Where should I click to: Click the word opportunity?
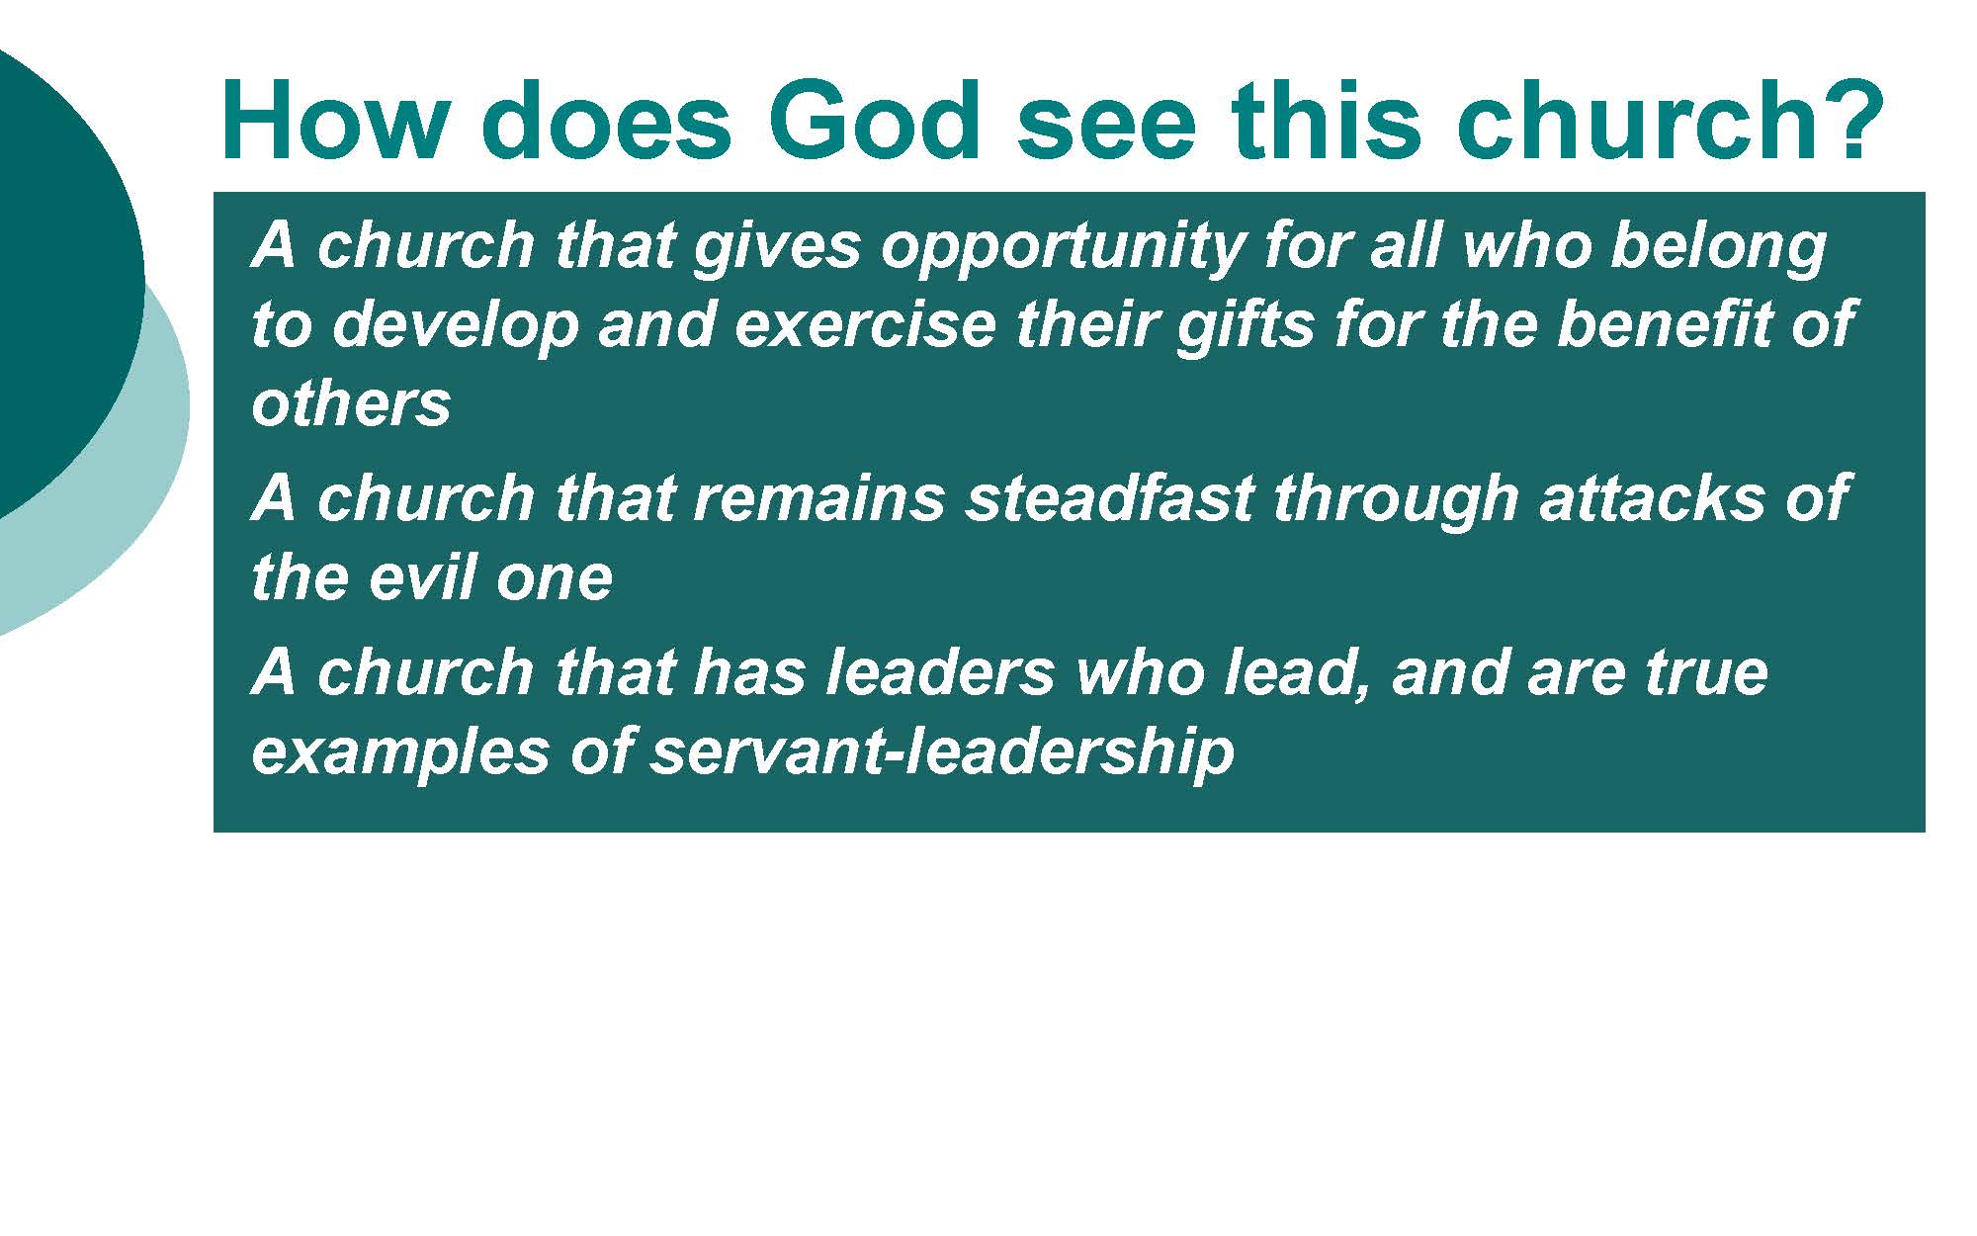[x=1062, y=247]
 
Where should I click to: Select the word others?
[x=351, y=403]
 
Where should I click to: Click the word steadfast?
[x=1110, y=497]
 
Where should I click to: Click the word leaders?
[x=940, y=672]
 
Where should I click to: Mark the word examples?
[x=400, y=753]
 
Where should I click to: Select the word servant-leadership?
[x=942, y=753]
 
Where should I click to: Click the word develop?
[x=455, y=325]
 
